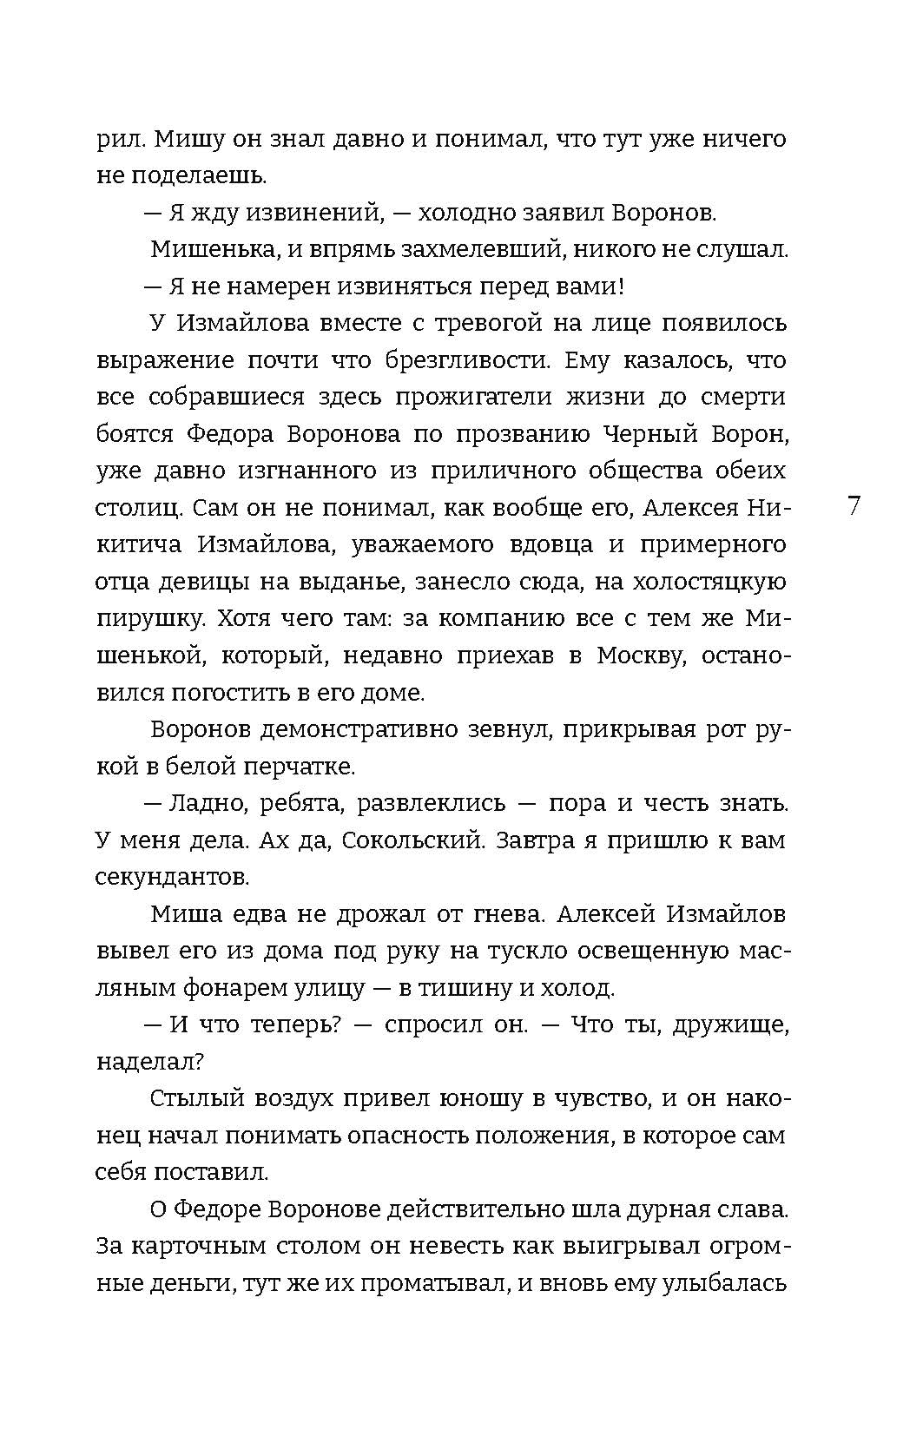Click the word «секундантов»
pos(172,877)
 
